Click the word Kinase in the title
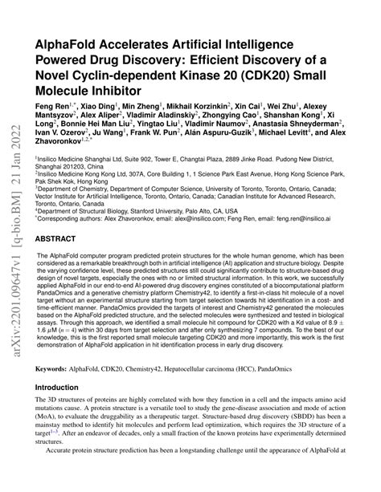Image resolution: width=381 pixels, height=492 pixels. click(x=179, y=75)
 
